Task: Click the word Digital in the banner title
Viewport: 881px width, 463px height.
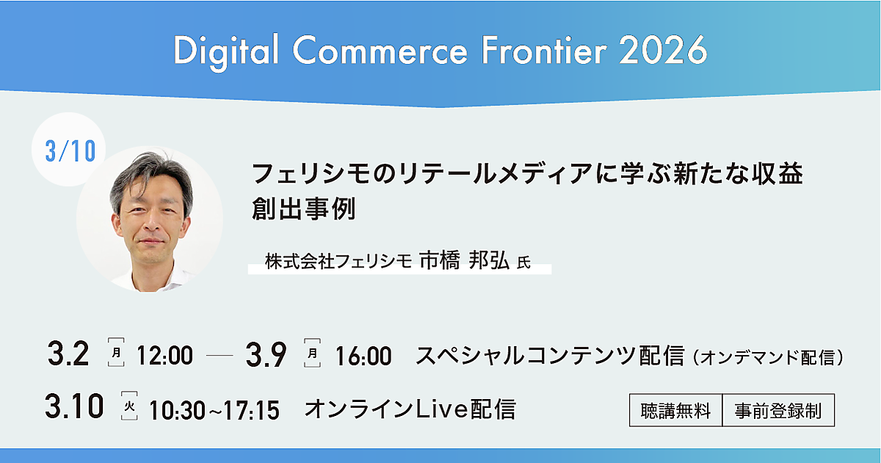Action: pos(226,52)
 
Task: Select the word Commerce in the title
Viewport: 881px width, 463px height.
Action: pos(380,51)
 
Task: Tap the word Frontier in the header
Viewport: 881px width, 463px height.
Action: pos(544,51)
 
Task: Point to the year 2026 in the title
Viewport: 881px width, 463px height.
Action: pos(663,51)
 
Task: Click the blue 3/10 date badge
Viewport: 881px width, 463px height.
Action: pos(70,151)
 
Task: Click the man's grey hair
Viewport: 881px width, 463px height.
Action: pos(151,173)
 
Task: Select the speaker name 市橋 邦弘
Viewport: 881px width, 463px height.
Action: pos(465,260)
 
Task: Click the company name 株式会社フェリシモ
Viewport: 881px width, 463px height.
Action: pos(338,262)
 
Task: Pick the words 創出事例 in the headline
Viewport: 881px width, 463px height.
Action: pos(304,209)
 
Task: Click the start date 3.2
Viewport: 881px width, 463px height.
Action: pos(68,354)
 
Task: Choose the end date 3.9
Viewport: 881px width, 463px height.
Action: pos(266,355)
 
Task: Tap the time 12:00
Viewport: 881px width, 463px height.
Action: pos(164,356)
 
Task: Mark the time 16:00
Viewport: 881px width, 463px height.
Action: pos(363,356)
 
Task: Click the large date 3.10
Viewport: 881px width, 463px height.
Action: pos(74,406)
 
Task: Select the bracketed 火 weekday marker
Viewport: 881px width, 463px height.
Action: pos(129,406)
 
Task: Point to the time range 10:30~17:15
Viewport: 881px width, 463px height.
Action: pos(214,410)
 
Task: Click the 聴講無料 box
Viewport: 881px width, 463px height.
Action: pos(675,410)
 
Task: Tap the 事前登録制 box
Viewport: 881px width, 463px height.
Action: pos(778,410)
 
